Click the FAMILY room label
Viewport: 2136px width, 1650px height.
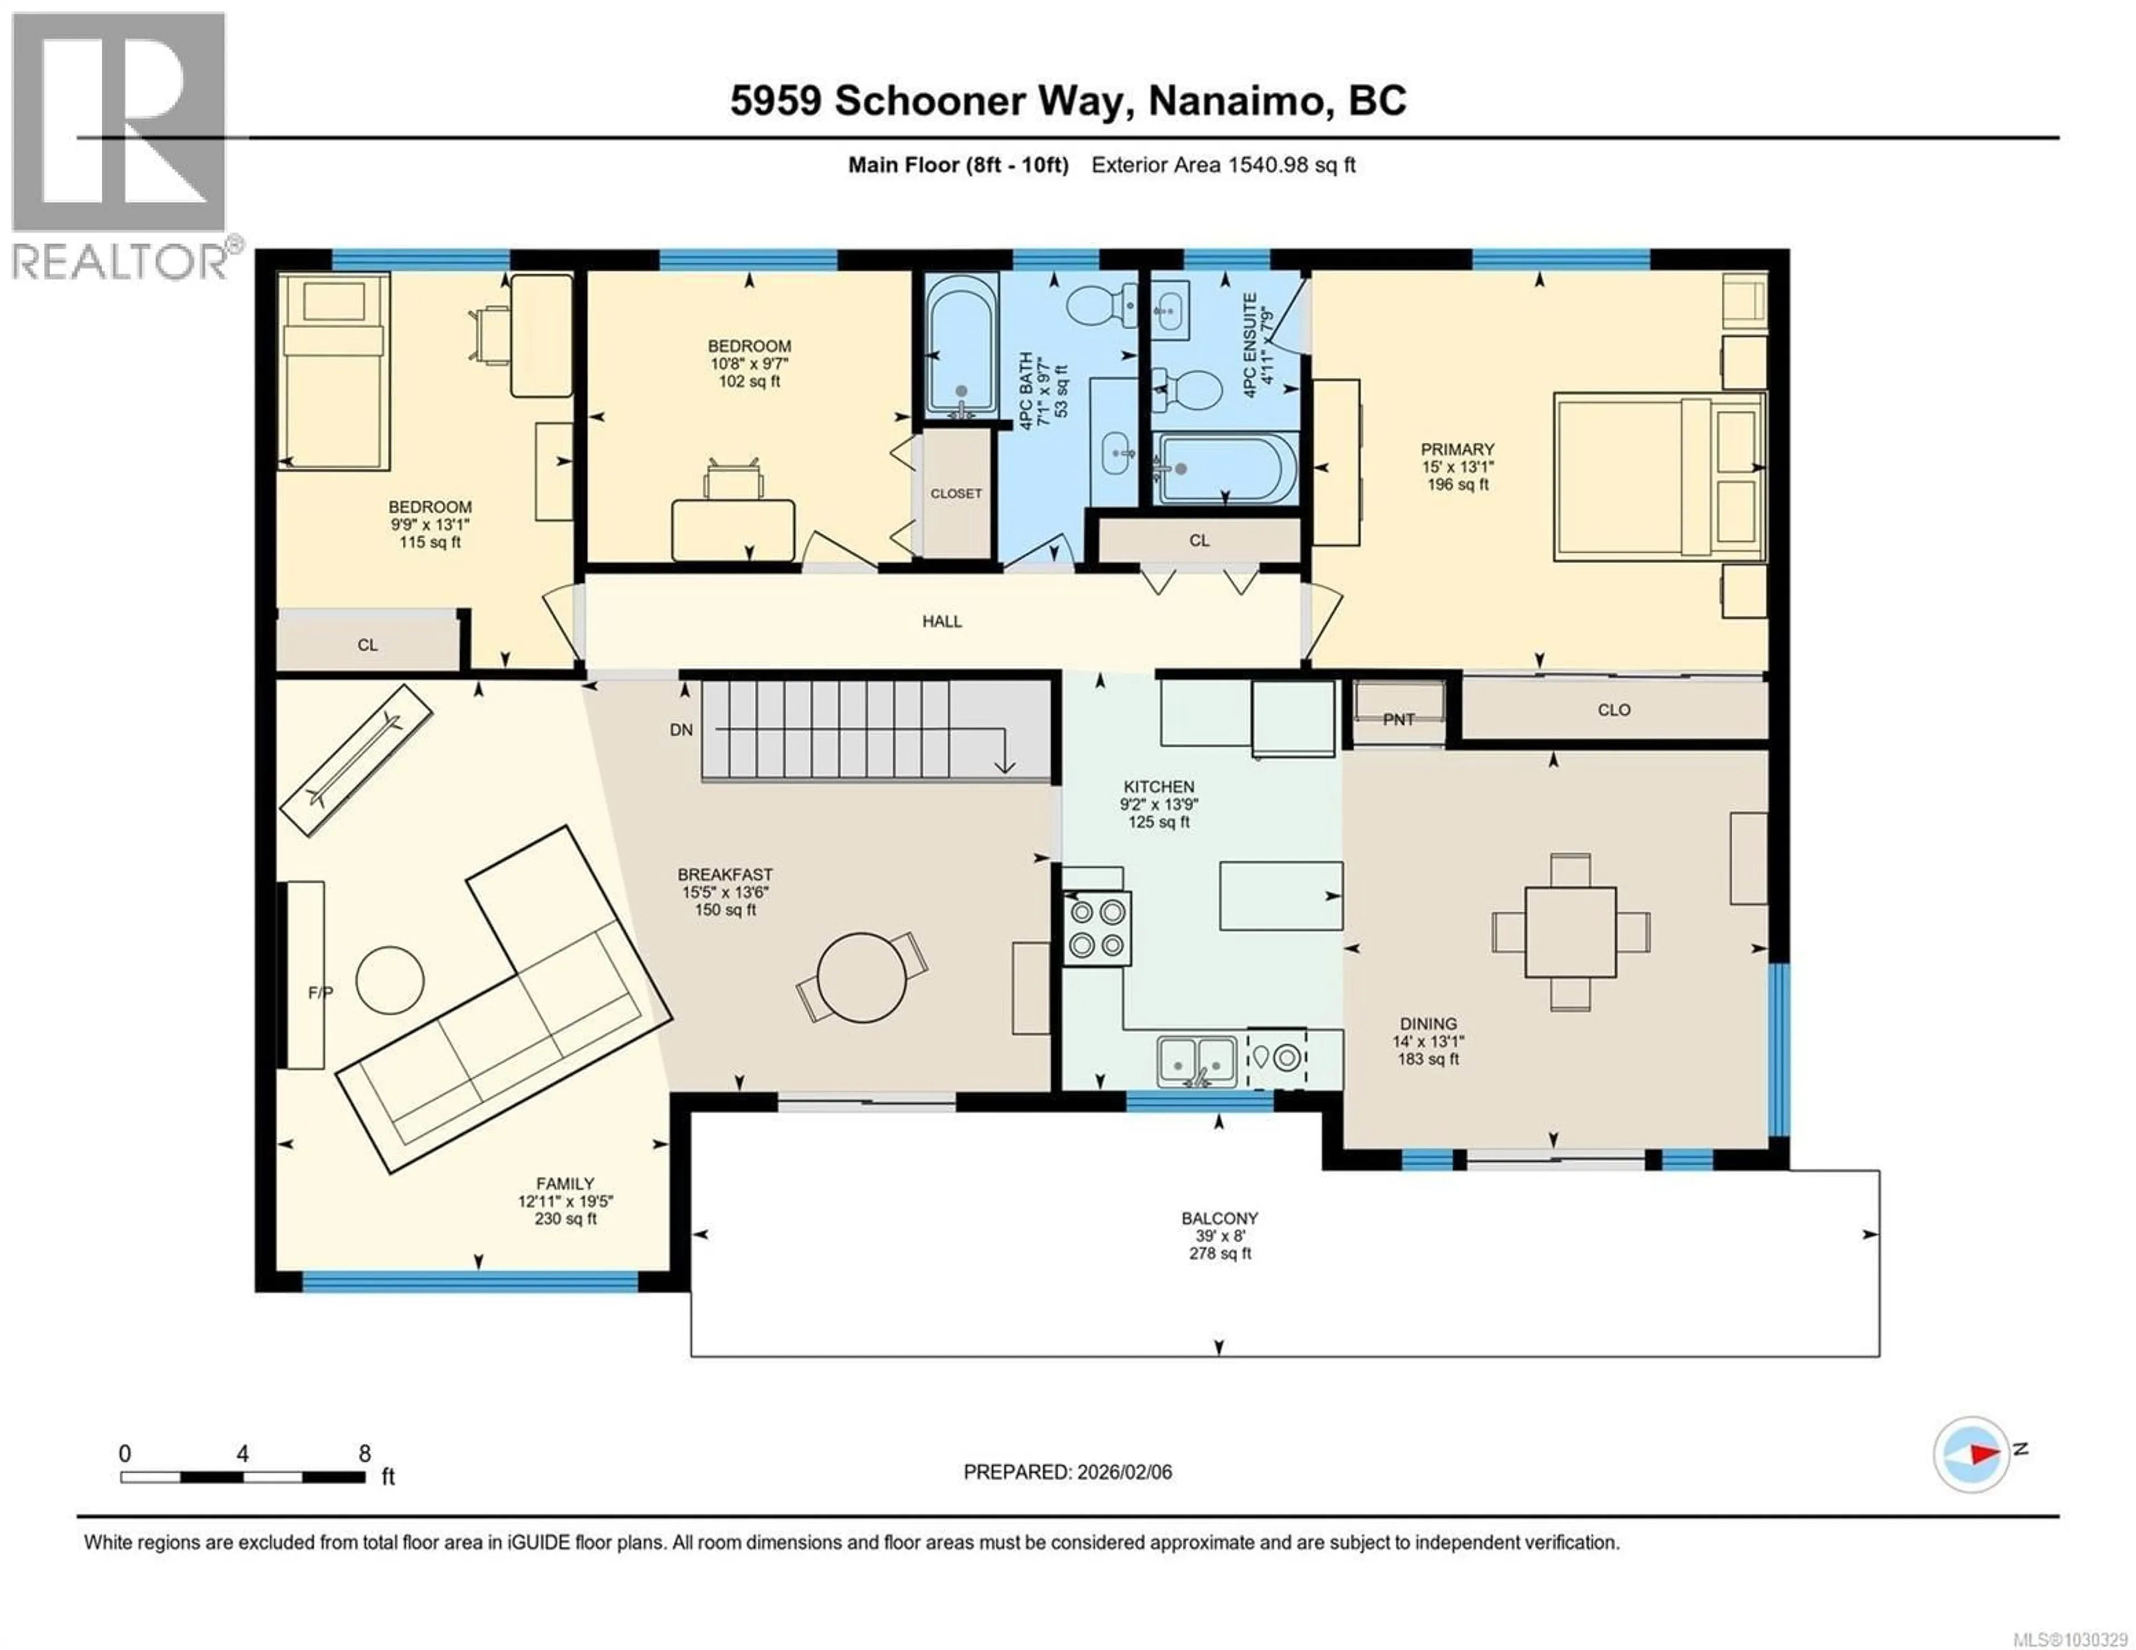point(565,1183)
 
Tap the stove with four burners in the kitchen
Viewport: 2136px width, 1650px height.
point(1096,928)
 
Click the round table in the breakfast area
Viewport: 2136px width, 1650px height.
point(862,977)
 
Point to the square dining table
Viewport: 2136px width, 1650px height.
point(1570,931)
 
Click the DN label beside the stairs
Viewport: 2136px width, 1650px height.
point(681,730)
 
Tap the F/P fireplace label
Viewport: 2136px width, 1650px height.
point(320,993)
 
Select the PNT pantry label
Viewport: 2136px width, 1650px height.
point(1398,720)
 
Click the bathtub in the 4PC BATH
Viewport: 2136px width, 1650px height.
point(961,346)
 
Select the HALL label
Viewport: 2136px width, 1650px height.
point(942,621)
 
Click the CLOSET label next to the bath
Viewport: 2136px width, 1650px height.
point(956,494)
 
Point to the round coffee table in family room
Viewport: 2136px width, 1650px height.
point(389,980)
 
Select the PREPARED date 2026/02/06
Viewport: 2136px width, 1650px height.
point(1123,1472)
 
